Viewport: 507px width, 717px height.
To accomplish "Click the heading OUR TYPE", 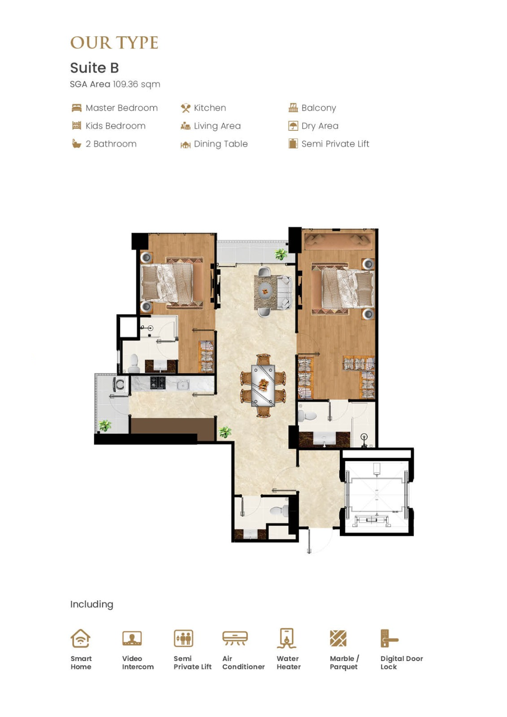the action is pyautogui.click(x=114, y=43).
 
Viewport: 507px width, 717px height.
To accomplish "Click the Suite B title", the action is pyautogui.click(x=95, y=68).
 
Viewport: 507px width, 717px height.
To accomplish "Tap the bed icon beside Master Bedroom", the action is pyautogui.click(x=77, y=108).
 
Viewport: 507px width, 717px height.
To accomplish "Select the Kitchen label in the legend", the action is pyautogui.click(x=210, y=108).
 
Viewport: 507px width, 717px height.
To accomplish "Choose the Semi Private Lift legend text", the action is pyautogui.click(x=335, y=144).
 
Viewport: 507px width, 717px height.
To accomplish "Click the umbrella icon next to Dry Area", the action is pyautogui.click(x=293, y=126).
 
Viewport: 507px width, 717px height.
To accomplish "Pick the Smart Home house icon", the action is pyautogui.click(x=80, y=638).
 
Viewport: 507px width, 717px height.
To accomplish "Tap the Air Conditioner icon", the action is pyautogui.click(x=235, y=638).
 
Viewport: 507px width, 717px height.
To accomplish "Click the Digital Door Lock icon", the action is pyautogui.click(x=389, y=638).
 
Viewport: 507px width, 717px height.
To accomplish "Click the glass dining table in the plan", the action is pyautogui.click(x=263, y=385).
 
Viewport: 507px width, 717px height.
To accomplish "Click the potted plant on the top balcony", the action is pyautogui.click(x=281, y=255).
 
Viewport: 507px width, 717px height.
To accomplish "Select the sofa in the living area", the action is pyautogui.click(x=284, y=293).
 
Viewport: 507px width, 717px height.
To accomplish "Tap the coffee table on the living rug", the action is pyautogui.click(x=265, y=291).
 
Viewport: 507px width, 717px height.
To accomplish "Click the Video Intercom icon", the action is pyautogui.click(x=132, y=638).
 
